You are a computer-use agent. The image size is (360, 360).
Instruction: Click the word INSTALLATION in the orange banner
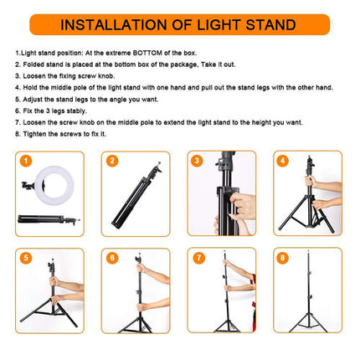point(114,25)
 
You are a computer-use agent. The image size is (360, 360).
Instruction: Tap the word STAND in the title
point(270,25)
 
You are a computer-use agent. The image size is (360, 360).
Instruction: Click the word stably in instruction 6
point(77,111)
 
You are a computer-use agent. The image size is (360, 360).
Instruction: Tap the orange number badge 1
point(26,161)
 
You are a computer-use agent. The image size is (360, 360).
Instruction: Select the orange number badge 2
point(112,161)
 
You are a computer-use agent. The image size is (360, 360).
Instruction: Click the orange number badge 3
point(197,161)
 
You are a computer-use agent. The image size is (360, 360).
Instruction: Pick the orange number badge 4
point(283,161)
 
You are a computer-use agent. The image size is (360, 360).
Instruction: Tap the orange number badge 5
point(26,258)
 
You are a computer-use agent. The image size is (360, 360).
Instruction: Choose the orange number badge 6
point(112,258)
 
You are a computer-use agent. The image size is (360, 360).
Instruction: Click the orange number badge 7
point(198,258)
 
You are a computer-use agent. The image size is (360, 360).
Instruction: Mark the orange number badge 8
point(283,258)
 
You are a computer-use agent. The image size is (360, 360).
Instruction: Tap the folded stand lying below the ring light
point(48,219)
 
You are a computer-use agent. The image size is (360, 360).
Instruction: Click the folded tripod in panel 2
point(136,196)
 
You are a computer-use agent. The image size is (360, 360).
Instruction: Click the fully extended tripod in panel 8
point(308,293)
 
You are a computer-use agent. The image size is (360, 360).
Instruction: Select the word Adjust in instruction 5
point(33,100)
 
